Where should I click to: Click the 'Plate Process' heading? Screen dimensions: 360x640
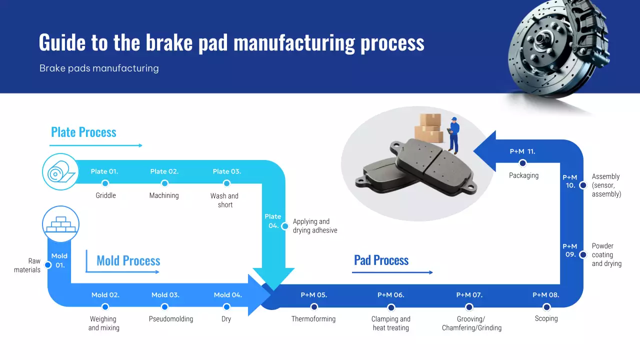point(83,132)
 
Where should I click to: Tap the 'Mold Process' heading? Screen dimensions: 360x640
point(128,260)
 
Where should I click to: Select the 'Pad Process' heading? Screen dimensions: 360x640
point(381,260)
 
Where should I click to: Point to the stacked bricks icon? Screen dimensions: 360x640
point(60,224)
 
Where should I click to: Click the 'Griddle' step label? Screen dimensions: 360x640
point(105,195)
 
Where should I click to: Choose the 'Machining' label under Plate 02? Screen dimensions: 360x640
point(164,195)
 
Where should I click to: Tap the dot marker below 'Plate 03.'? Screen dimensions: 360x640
point(226,184)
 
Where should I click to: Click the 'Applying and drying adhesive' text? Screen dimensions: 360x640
point(314,226)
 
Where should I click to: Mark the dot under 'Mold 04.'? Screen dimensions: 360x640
point(226,307)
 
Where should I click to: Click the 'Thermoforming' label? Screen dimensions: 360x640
point(313,319)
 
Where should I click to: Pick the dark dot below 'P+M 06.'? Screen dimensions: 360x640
point(391,307)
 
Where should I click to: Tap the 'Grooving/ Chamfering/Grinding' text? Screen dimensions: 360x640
point(471,323)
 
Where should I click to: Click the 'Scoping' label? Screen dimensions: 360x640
point(546,318)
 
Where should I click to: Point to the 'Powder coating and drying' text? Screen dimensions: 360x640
point(606,255)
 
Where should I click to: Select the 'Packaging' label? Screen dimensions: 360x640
point(523,175)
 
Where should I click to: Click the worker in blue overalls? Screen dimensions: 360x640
point(453,134)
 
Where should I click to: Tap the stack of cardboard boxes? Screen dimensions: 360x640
point(429,128)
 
